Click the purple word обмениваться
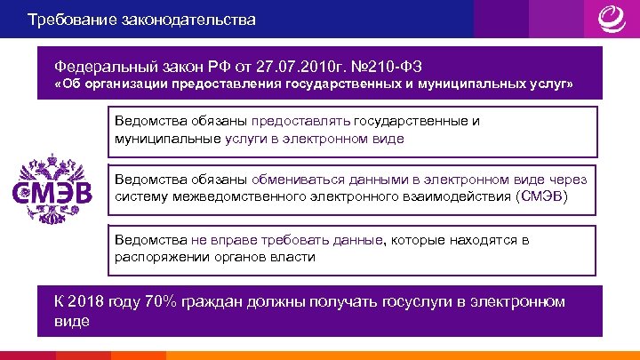coord(301,178)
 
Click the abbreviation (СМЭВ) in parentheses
coord(540,196)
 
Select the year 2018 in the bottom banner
coord(88,302)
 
